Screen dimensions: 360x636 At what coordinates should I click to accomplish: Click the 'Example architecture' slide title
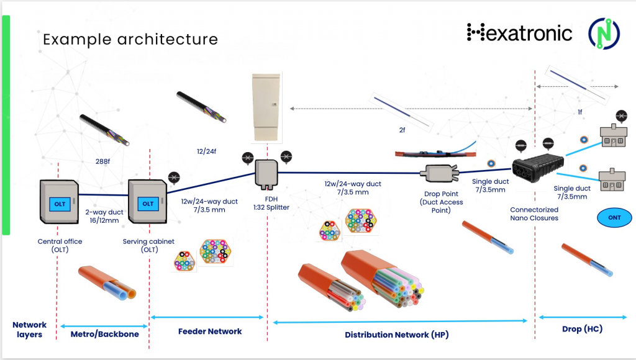(x=130, y=40)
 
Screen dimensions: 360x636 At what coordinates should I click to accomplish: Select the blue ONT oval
(x=613, y=217)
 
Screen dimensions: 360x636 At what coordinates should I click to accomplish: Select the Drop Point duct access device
(x=438, y=173)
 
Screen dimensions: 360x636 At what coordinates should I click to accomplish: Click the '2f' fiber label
(x=402, y=130)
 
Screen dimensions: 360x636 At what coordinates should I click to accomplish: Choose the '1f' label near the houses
(x=580, y=112)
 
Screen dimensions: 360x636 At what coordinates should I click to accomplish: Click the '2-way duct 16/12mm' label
(x=103, y=216)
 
